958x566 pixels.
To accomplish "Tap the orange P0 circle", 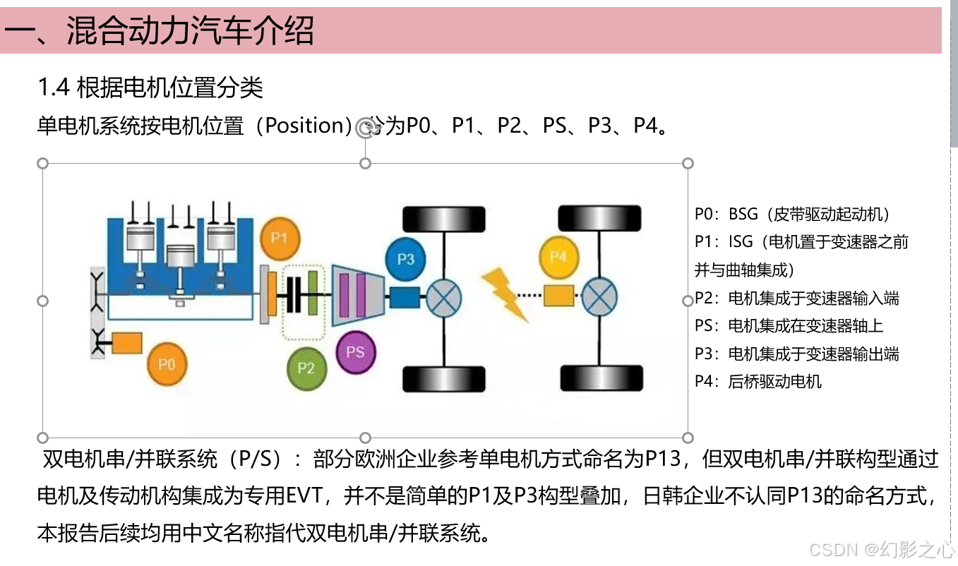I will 167,365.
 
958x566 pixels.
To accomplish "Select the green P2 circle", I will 306,368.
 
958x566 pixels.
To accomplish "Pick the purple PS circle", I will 356,351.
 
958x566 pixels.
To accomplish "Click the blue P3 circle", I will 406,259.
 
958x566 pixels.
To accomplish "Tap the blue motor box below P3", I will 405,296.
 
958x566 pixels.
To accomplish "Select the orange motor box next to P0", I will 127,343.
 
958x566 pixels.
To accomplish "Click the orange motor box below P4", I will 558,294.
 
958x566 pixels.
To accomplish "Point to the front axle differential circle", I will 444,295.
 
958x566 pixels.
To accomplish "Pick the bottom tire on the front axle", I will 444,379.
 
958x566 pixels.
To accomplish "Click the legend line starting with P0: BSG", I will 792,215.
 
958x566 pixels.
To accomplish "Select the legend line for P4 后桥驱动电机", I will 758,382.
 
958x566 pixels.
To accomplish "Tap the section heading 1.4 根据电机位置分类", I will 150,88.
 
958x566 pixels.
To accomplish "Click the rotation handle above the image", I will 365,128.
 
